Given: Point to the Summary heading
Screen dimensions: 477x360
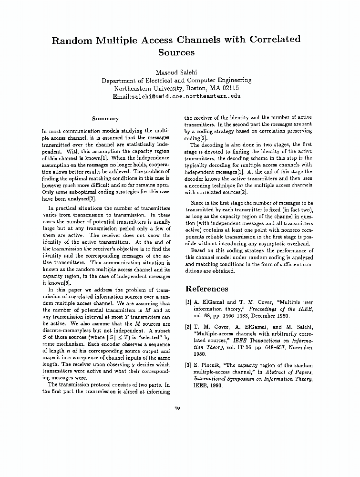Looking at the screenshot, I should click(105, 119).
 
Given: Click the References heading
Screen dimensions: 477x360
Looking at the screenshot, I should click(206, 289).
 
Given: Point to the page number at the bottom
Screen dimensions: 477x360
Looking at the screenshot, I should click(177, 407).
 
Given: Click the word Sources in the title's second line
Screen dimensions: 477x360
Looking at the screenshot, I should click(176, 52).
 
